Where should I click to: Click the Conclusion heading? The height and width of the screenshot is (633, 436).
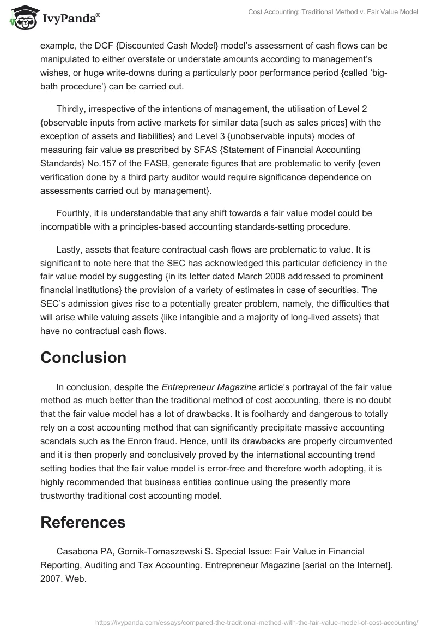tap(83, 357)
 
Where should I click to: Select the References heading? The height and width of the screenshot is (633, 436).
tap(83, 522)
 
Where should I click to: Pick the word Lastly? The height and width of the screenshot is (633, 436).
tap(70, 250)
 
